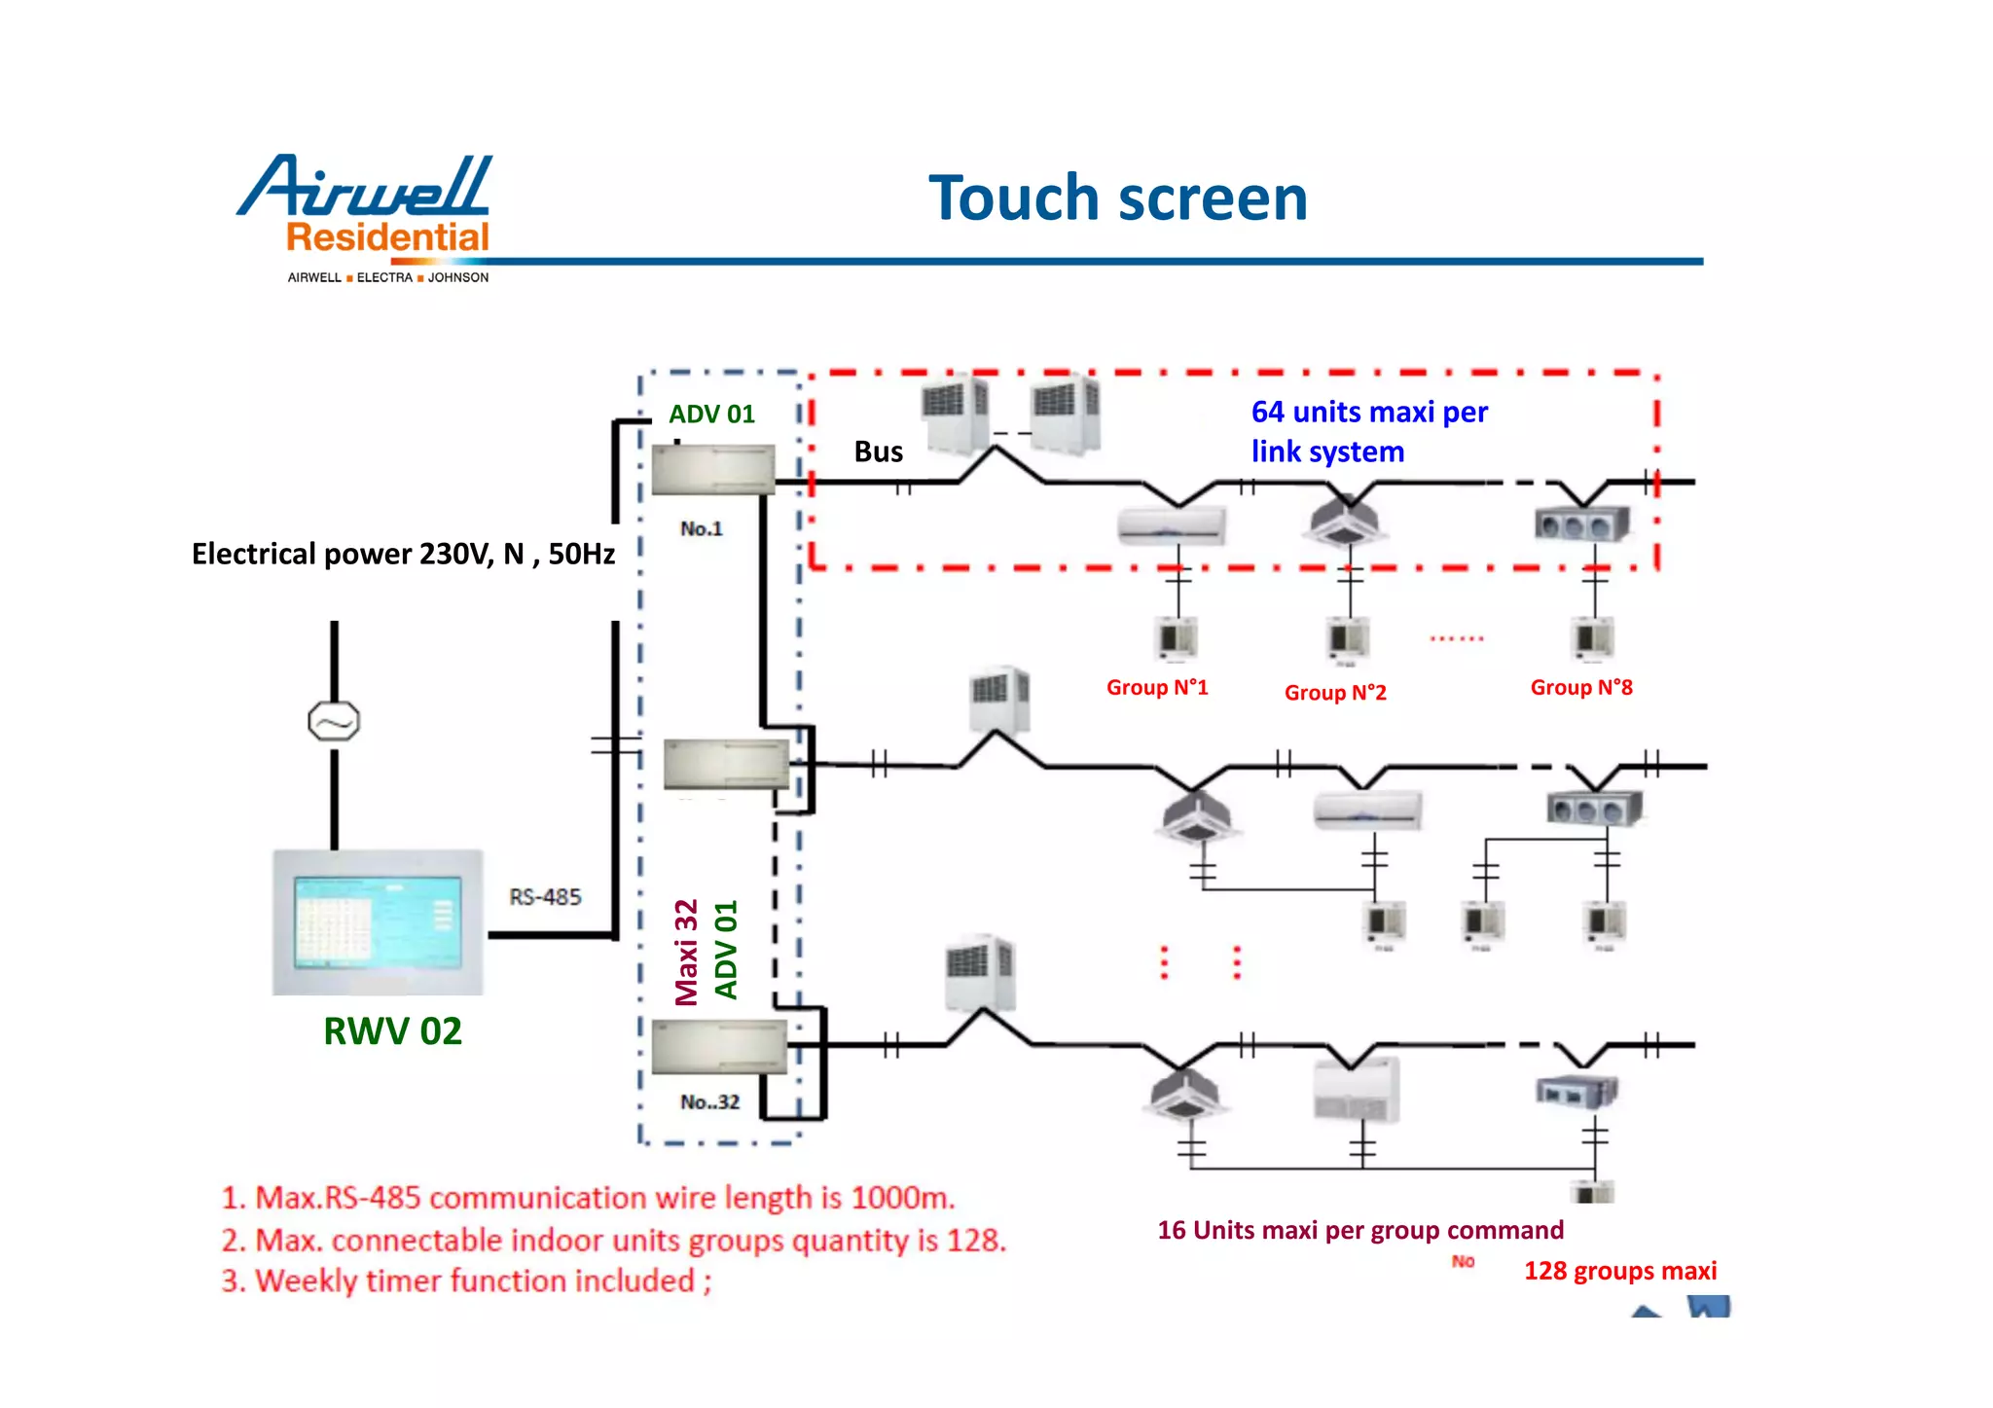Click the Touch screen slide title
(x=1117, y=199)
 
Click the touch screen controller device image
(x=378, y=921)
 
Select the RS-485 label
(x=545, y=896)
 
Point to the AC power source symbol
(x=334, y=722)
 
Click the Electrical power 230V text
(x=403, y=555)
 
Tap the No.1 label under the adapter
(x=701, y=529)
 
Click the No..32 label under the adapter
(x=709, y=1102)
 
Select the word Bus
(x=878, y=451)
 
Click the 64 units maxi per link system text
(x=1368, y=432)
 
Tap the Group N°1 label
(x=1157, y=688)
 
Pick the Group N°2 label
(x=1335, y=693)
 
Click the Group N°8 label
(x=1581, y=688)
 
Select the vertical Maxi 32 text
(x=687, y=952)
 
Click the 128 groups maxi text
(x=1619, y=1271)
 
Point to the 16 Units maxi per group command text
(x=1359, y=1230)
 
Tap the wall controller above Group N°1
(x=1177, y=638)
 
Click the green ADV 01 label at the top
(x=711, y=415)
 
